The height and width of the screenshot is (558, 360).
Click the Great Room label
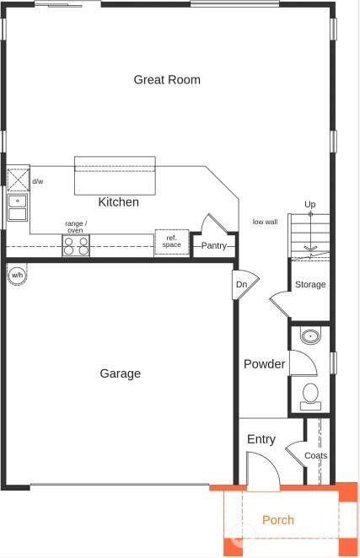pyautogui.click(x=167, y=80)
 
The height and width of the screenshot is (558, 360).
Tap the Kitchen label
pyautogui.click(x=119, y=202)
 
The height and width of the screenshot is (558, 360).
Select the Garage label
pyautogui.click(x=121, y=373)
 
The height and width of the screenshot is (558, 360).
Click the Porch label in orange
pyautogui.click(x=277, y=520)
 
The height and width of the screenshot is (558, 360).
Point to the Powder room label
pyautogui.click(x=264, y=364)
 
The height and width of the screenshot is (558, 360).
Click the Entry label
pyautogui.click(x=261, y=439)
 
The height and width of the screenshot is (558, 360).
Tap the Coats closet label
pyautogui.click(x=316, y=455)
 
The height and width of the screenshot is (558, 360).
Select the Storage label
pyautogui.click(x=310, y=285)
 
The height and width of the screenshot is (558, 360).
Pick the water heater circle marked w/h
pyautogui.click(x=17, y=276)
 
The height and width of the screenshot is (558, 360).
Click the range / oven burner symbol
pyautogui.click(x=75, y=246)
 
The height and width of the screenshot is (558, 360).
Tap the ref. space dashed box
pyautogui.click(x=171, y=242)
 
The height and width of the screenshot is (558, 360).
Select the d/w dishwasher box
pyautogui.click(x=19, y=180)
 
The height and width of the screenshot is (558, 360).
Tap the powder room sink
pyautogui.click(x=310, y=337)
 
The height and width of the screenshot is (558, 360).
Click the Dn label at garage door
pyautogui.click(x=241, y=285)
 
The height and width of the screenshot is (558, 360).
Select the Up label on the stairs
pyautogui.click(x=310, y=205)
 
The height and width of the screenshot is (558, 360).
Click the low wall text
pyautogui.click(x=265, y=223)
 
